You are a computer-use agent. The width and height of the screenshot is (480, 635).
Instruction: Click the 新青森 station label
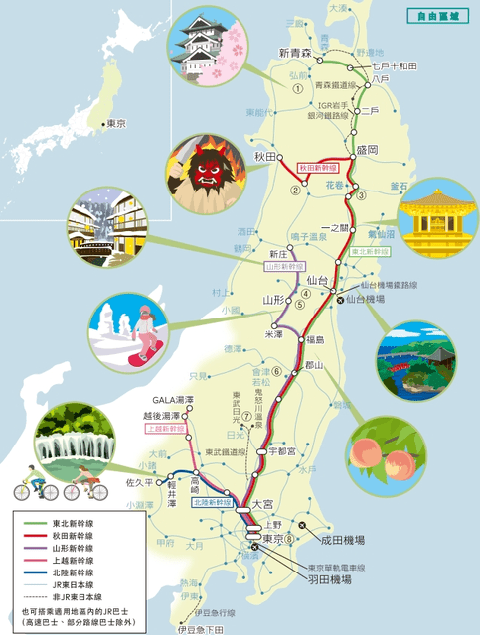point(296,53)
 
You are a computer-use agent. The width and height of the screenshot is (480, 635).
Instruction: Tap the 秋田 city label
point(263,157)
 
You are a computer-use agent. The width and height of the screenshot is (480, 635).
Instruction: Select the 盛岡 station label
point(368,149)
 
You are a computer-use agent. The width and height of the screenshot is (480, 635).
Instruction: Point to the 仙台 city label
point(317,282)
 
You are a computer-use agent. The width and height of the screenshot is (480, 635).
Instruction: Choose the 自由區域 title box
point(434,15)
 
